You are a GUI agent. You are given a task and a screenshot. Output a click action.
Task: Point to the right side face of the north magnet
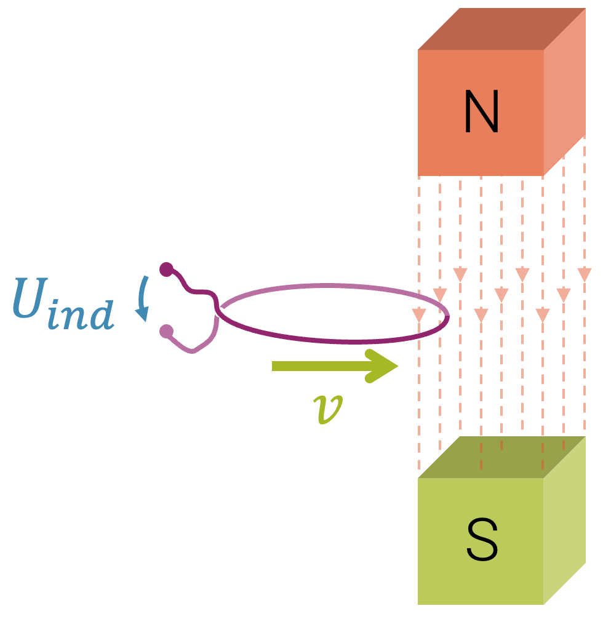click(x=564, y=92)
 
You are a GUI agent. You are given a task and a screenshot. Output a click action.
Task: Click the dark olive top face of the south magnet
click(x=501, y=457)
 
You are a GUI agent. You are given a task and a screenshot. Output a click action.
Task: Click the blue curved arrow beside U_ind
click(x=143, y=298)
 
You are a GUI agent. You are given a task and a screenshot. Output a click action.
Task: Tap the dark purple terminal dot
click(x=166, y=269)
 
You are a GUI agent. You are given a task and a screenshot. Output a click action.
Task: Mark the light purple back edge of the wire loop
click(x=332, y=287)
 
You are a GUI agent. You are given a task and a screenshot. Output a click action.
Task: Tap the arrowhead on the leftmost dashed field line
click(x=419, y=315)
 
